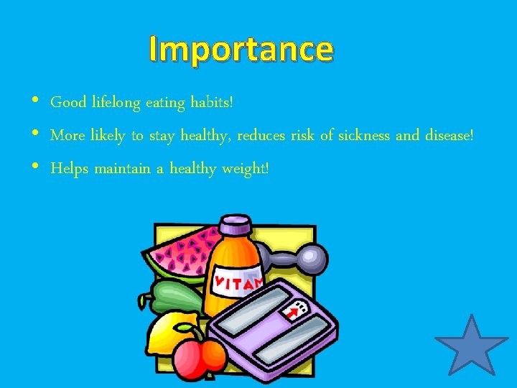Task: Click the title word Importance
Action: tap(241, 50)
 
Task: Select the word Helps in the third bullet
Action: tap(69, 168)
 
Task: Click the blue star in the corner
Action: tap(471, 347)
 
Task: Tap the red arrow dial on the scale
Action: tap(293, 312)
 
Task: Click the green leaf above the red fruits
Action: tap(189, 331)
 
